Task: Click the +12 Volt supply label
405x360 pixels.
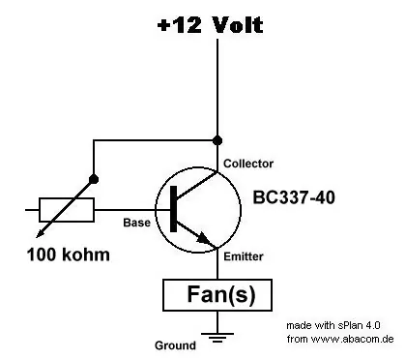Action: pyautogui.click(x=211, y=25)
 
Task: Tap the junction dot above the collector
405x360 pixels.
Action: pyautogui.click(x=217, y=140)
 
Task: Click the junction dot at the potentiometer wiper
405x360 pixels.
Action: pyautogui.click(x=94, y=179)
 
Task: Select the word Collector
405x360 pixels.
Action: pyautogui.click(x=248, y=164)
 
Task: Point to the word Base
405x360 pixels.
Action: pyautogui.click(x=136, y=223)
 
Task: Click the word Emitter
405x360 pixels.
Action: pyautogui.click(x=244, y=256)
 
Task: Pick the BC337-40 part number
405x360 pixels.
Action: pyautogui.click(x=294, y=197)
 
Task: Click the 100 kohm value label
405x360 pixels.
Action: pyautogui.click(x=69, y=255)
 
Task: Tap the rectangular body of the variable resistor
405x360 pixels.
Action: pyautogui.click(x=67, y=210)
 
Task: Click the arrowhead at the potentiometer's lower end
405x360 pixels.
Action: pyautogui.click(x=40, y=234)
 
